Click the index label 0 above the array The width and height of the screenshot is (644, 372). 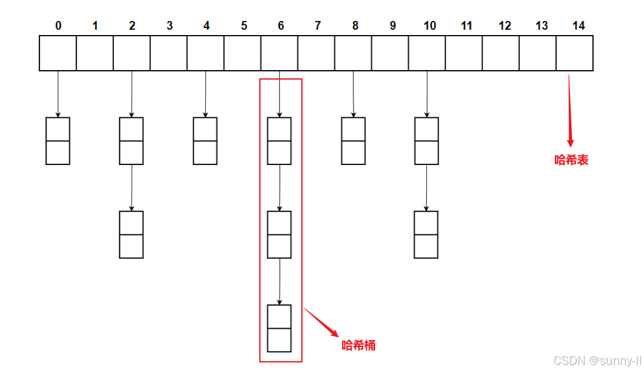pyautogui.click(x=59, y=25)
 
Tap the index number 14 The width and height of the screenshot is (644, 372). pyautogui.click(x=578, y=25)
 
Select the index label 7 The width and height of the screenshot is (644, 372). pyautogui.click(x=318, y=25)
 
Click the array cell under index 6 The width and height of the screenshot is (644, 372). pyautogui.click(x=280, y=53)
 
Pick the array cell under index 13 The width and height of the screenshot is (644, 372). pyautogui.click(x=538, y=53)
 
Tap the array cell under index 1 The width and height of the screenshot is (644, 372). pyautogui.click(x=95, y=53)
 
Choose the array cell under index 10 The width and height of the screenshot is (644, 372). pyautogui.click(x=427, y=53)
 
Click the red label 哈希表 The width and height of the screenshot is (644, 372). pyautogui.click(x=571, y=160)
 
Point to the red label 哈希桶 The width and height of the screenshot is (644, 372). pyautogui.click(x=359, y=345)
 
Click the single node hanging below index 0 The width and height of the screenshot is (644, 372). pyautogui.click(x=57, y=141)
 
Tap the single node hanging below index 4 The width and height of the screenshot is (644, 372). pyautogui.click(x=205, y=141)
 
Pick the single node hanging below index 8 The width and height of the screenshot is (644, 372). pyautogui.click(x=354, y=141)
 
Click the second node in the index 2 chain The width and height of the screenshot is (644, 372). pyautogui.click(x=131, y=234)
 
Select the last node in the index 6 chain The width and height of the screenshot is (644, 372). pyautogui.click(x=280, y=328)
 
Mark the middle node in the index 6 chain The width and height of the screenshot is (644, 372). pyautogui.click(x=280, y=234)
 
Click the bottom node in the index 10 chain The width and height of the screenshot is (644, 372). pyautogui.click(x=426, y=234)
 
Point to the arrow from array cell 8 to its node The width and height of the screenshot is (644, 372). pyautogui.click(x=353, y=94)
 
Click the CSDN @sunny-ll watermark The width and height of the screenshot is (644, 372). pyautogui.click(x=597, y=361)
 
